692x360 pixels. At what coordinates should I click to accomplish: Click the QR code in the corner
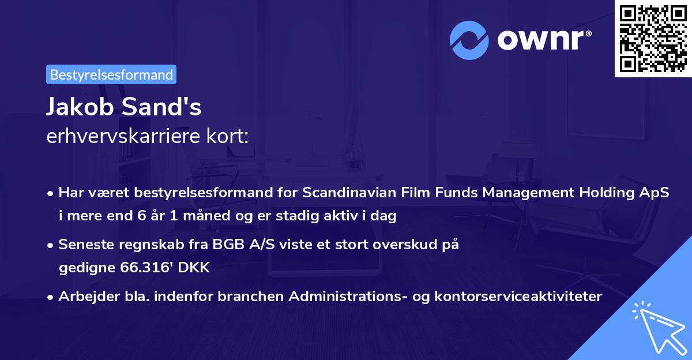coord(653,38)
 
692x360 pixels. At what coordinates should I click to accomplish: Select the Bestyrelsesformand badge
coord(111,74)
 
